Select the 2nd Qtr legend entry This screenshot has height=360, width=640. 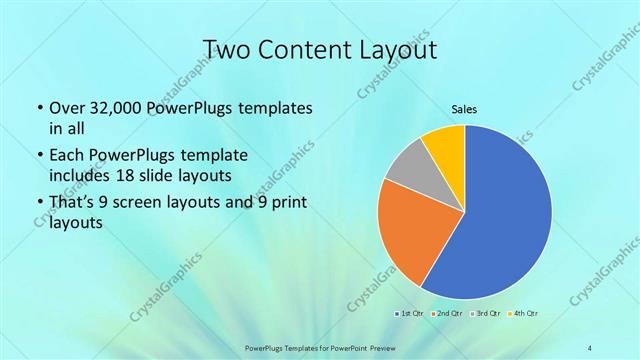click(445, 314)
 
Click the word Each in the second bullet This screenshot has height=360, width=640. click(67, 156)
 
